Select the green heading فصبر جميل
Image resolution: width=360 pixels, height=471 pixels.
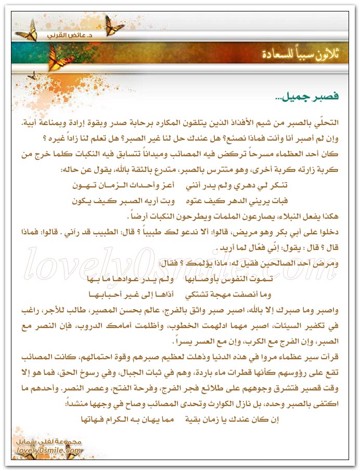click(x=312, y=97)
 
